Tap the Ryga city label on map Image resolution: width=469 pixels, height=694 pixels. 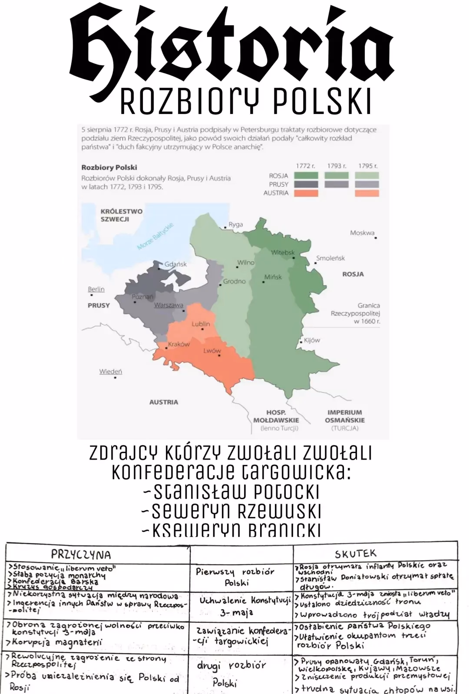point(235,224)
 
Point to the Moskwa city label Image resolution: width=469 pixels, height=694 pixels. point(362,233)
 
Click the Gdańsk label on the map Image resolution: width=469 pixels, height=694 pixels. point(175,264)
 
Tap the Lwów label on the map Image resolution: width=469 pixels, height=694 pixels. point(212,350)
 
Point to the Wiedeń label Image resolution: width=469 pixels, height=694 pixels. point(110,371)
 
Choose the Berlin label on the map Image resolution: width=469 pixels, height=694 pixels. point(96,289)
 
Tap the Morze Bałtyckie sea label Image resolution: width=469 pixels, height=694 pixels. point(155,237)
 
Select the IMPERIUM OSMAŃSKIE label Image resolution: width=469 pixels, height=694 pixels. point(344,416)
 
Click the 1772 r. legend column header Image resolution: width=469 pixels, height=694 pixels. point(305,166)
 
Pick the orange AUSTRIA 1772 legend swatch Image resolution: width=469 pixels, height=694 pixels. point(306,193)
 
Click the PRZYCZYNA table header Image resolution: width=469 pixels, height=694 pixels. point(81,554)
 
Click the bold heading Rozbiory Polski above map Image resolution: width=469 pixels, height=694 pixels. point(109,167)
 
